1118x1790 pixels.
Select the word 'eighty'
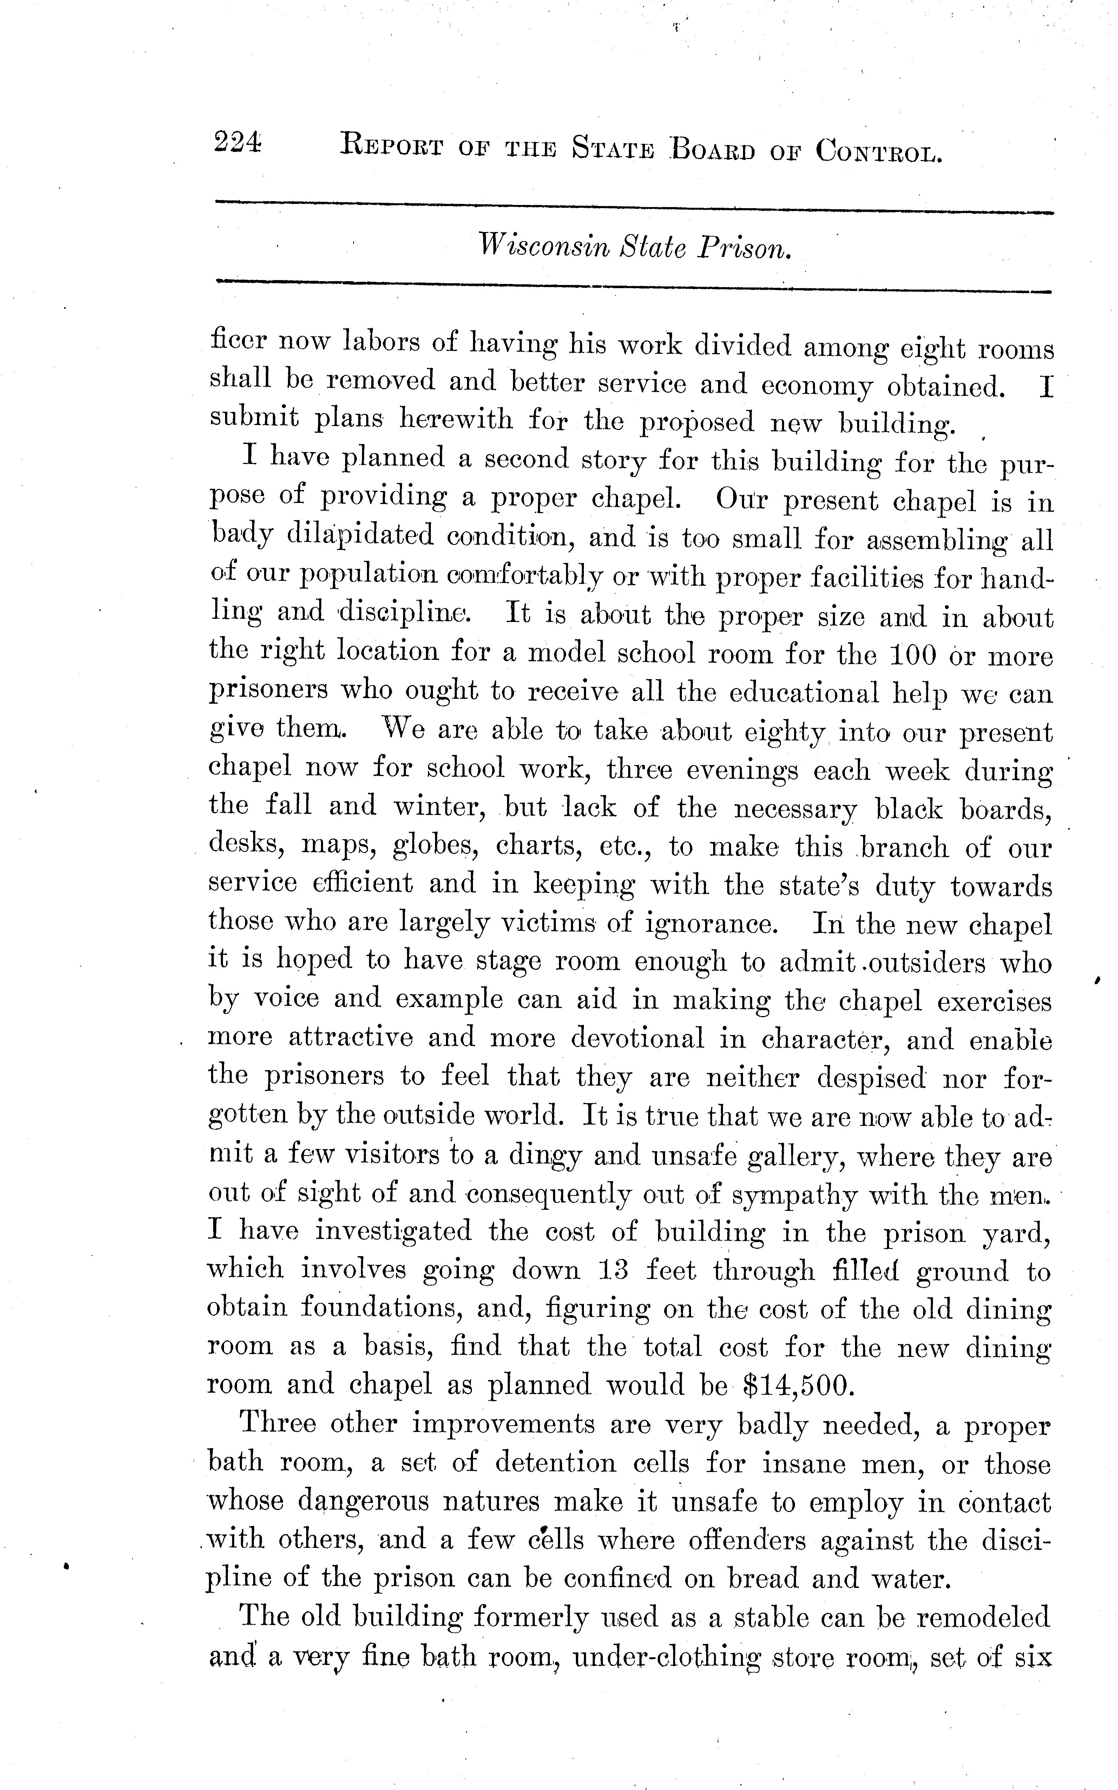coord(785,732)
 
